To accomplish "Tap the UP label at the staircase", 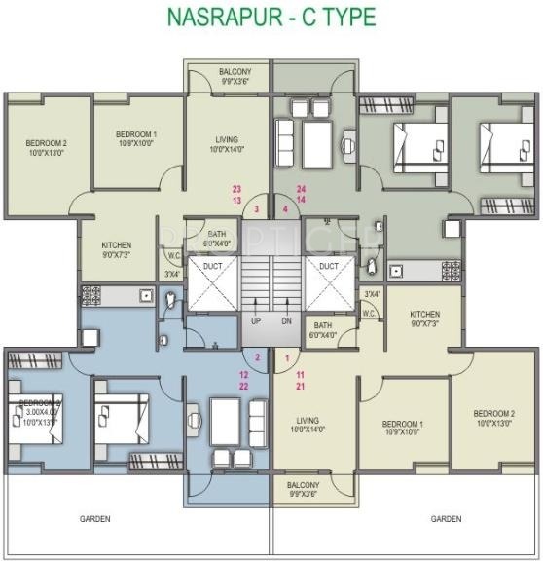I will [256, 321].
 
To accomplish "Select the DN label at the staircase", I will [286, 321].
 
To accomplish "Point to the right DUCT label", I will [329, 265].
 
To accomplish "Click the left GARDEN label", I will [94, 519].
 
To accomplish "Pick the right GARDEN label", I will [446, 519].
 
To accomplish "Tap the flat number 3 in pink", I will [256, 209].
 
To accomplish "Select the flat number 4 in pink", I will [286, 209].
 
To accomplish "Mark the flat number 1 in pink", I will [287, 358].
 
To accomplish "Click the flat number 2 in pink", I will [257, 358].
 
